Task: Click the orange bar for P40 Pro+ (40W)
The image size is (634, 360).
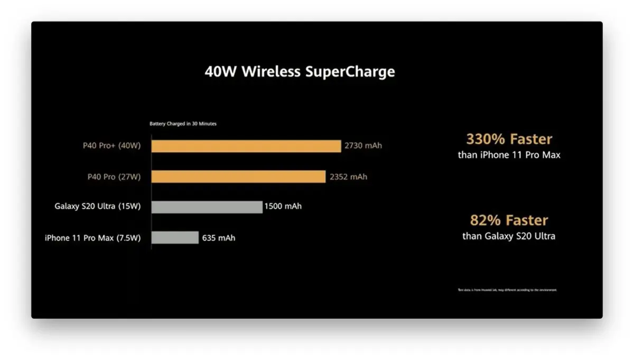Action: pyautogui.click(x=246, y=146)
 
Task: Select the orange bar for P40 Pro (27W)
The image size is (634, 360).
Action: pyautogui.click(x=238, y=177)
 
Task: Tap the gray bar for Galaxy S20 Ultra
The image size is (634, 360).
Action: pyautogui.click(x=207, y=207)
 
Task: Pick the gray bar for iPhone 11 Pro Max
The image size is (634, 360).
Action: pyautogui.click(x=175, y=238)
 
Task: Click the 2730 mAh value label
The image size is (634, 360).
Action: pyautogui.click(x=363, y=146)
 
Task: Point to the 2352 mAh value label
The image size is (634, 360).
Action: pyautogui.click(x=348, y=177)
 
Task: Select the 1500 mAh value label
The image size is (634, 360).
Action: pyautogui.click(x=284, y=206)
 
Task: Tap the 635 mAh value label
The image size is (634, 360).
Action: pyautogui.click(x=219, y=238)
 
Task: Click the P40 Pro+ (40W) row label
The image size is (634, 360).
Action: pyautogui.click(x=112, y=146)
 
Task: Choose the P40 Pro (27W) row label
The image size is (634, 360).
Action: pyautogui.click(x=114, y=177)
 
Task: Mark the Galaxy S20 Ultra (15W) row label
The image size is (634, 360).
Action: pyautogui.click(x=98, y=206)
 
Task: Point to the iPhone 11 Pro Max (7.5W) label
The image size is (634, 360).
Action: pyautogui.click(x=93, y=238)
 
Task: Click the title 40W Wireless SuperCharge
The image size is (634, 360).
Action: pyautogui.click(x=300, y=72)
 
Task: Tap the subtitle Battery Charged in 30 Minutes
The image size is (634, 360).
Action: pyautogui.click(x=183, y=124)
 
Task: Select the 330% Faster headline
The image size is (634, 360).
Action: pyautogui.click(x=509, y=140)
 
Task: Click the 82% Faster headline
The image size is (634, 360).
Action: pyautogui.click(x=509, y=220)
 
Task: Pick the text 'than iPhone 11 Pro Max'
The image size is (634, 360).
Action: pyautogui.click(x=509, y=155)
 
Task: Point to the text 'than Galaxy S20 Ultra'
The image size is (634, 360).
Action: pyautogui.click(x=509, y=236)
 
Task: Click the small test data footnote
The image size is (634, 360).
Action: pyautogui.click(x=507, y=290)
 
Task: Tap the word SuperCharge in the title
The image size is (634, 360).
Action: pyautogui.click(x=350, y=72)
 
